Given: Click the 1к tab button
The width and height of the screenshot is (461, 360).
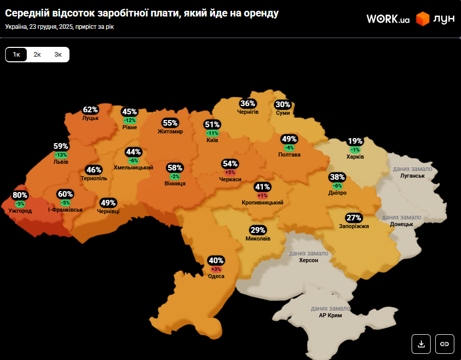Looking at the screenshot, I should tap(16, 55).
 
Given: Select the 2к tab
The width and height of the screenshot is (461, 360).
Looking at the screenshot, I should tap(37, 55).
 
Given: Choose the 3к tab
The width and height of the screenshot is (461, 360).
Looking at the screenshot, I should tap(58, 55).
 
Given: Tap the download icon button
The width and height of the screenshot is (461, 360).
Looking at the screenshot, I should tap(421, 344).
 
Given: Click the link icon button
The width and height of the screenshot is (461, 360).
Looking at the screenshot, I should tap(445, 344).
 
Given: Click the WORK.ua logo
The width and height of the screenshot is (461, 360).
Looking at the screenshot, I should tap(388, 19).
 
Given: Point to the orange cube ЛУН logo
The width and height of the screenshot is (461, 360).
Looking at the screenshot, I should tap(423, 19).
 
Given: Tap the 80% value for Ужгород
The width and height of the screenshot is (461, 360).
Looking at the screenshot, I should tap(20, 195).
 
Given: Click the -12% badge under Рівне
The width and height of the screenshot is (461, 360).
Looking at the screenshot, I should tap(130, 120).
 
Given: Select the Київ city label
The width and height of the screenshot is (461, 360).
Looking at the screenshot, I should tap(212, 140).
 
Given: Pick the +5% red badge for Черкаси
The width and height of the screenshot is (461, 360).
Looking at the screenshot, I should tap(230, 172).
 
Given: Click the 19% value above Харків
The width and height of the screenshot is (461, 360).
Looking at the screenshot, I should tap(355, 141).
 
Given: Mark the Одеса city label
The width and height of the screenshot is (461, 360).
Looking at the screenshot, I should tap(216, 277).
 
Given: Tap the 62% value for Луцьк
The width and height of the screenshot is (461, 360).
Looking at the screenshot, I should tap(90, 110).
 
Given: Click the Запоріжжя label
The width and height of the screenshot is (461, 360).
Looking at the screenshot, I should tap(353, 226).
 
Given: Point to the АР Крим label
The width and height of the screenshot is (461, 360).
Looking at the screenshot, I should tap(330, 315).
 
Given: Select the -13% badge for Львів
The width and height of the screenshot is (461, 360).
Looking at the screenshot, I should tap(61, 155).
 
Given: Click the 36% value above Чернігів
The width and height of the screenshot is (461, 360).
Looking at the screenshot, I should tap(247, 104).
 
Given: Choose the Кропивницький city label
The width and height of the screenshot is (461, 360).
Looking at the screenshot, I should tap(262, 203).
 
